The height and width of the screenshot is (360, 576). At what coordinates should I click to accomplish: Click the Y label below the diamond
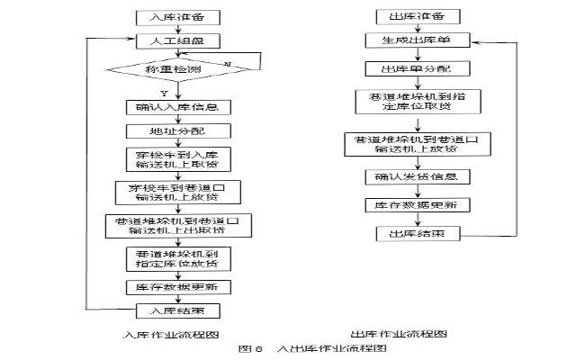click(165, 93)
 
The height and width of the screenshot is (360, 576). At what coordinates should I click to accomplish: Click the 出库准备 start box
click(417, 17)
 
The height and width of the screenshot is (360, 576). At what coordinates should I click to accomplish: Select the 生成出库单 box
click(417, 41)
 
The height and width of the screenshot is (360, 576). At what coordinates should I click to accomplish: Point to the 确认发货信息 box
click(417, 176)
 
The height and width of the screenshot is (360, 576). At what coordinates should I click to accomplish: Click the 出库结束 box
click(417, 234)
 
